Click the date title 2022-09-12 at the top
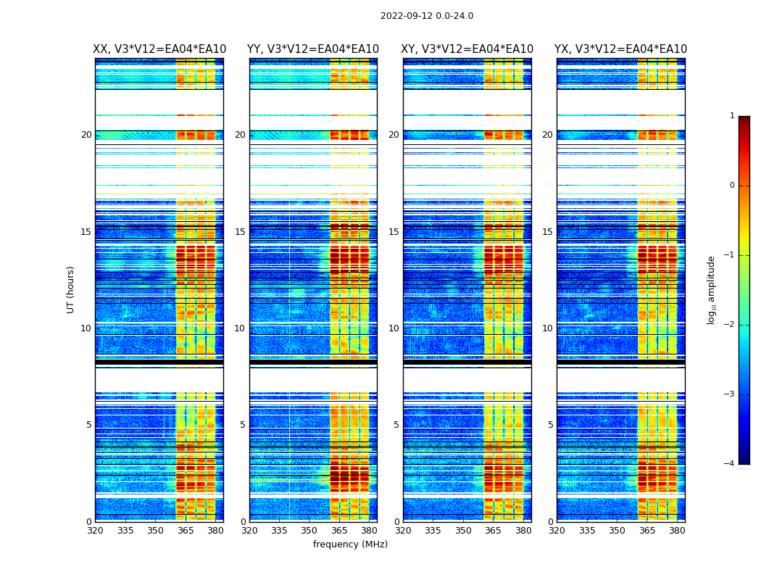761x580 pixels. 426,16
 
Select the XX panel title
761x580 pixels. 159,49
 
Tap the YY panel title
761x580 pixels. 313,49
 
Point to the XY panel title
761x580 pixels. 467,49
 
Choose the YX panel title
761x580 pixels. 621,49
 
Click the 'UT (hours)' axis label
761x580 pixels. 71,289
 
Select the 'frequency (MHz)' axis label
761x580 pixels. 350,544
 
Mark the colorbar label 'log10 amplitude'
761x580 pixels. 712,289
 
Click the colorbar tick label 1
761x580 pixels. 731,116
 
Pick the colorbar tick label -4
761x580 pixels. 730,464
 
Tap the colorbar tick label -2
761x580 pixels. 730,325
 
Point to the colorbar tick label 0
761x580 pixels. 731,186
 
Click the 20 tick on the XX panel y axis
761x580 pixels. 86,135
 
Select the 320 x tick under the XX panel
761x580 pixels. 95,531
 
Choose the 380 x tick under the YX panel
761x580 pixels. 677,531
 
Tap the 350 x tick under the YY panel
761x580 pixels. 309,531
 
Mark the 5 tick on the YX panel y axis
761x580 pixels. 550,425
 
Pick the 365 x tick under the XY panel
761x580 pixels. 493,531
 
